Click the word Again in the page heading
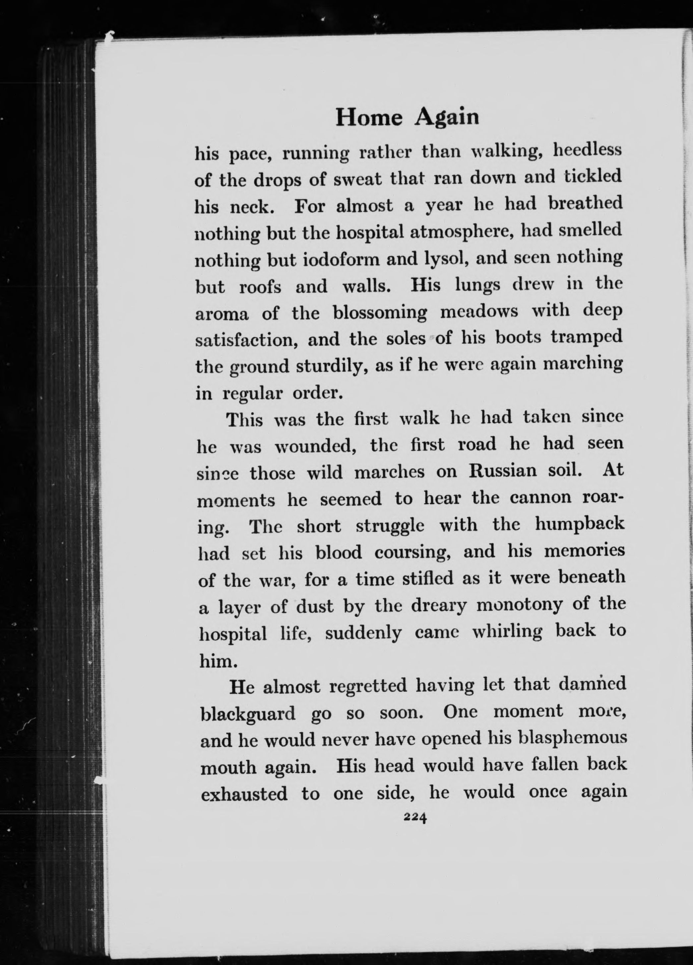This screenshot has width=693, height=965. tap(446, 117)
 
